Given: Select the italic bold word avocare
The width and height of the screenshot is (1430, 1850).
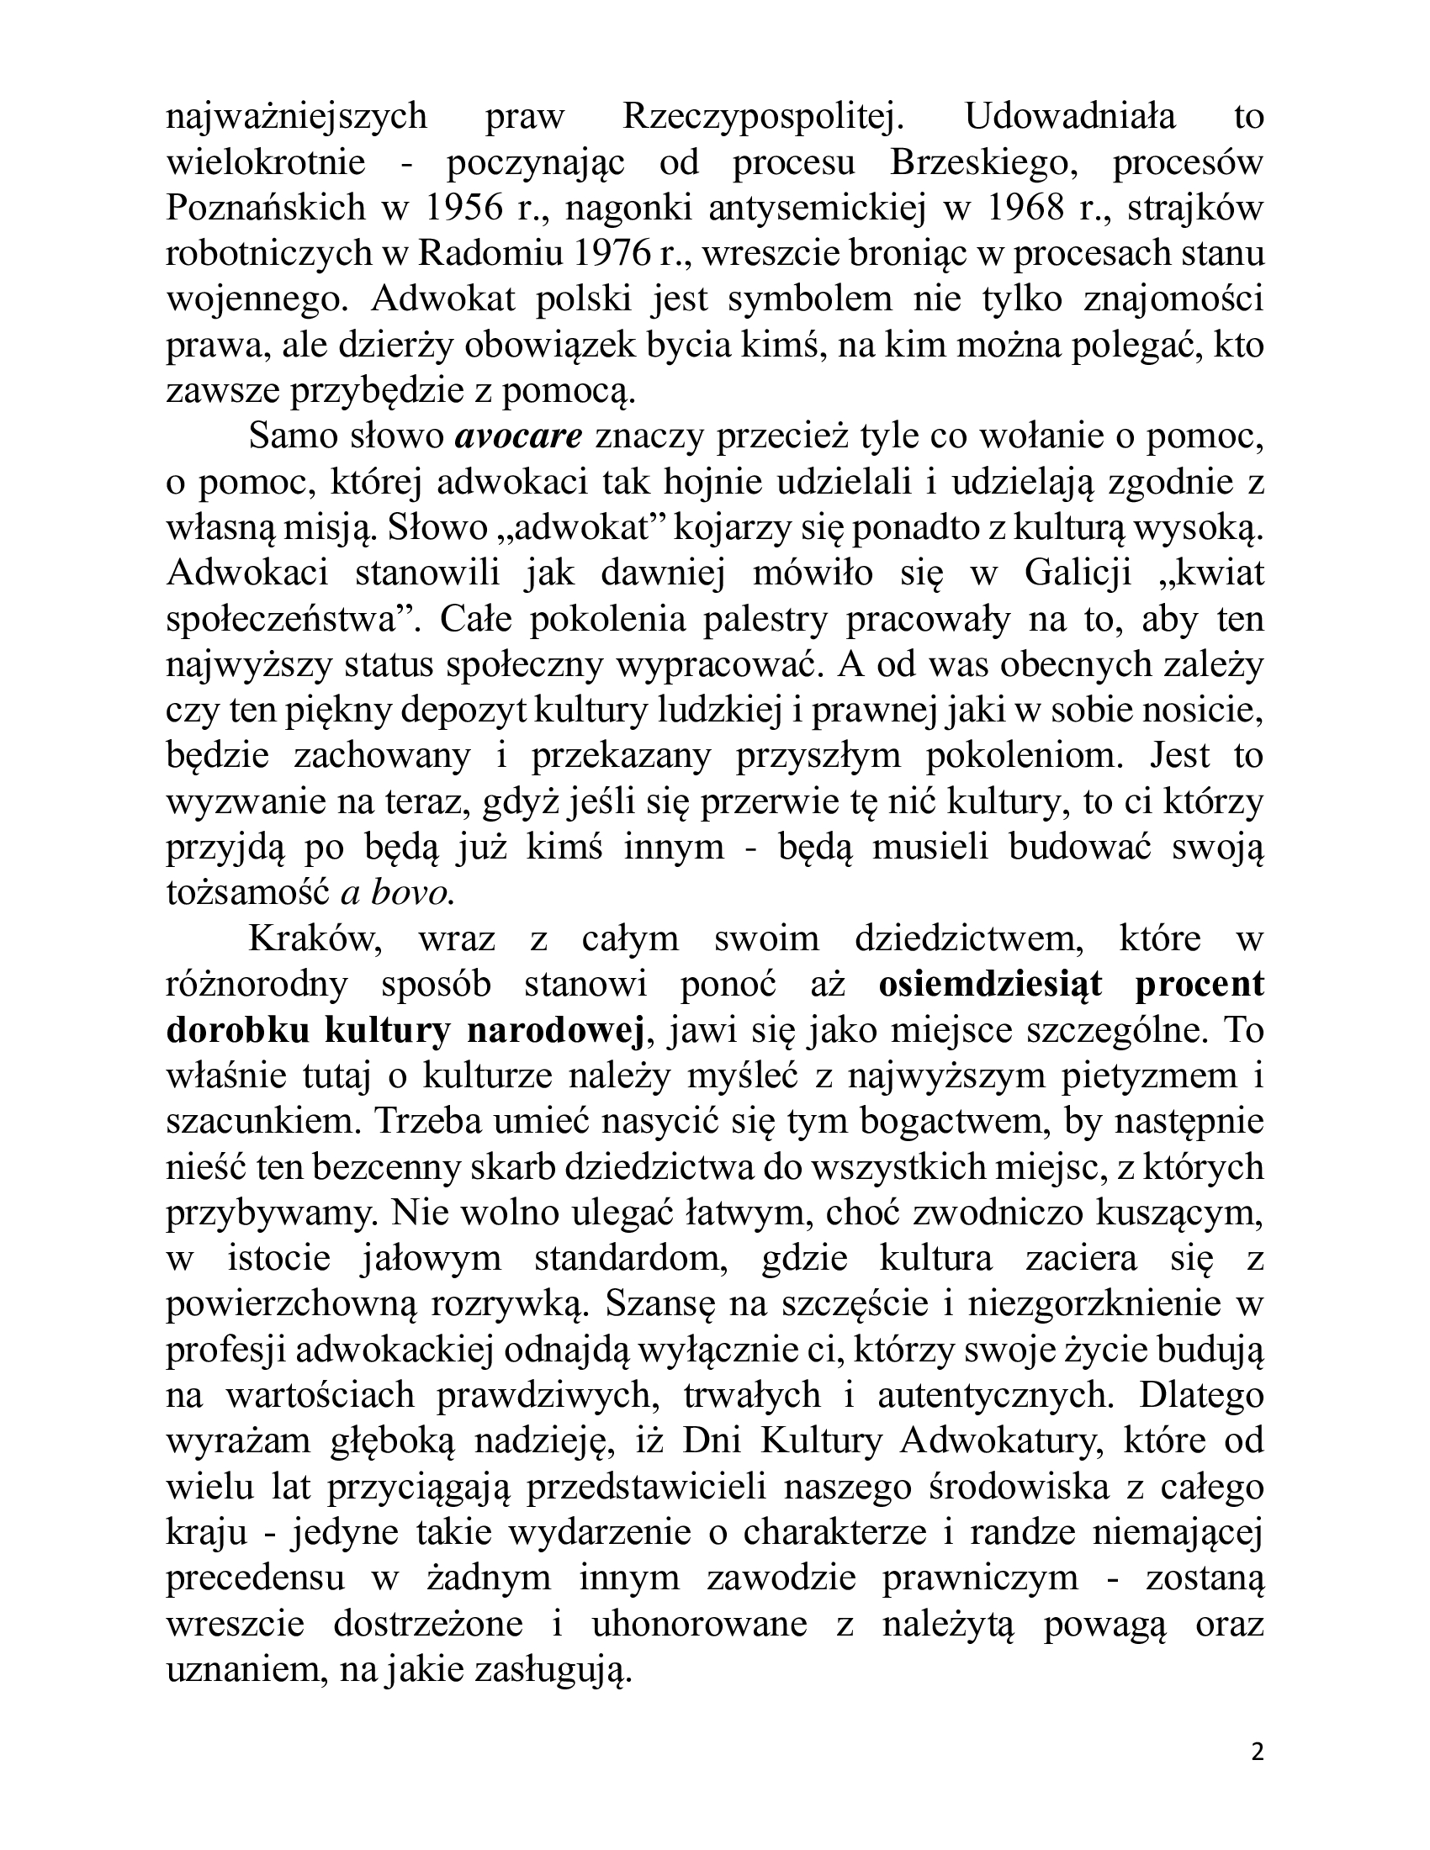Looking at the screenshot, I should click(518, 437).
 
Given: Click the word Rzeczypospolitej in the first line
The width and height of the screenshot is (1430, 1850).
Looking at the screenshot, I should click(763, 117).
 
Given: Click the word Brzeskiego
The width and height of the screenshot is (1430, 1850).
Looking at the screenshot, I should click(983, 162).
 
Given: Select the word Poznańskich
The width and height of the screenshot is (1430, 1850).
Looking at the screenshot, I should click(265, 208).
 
